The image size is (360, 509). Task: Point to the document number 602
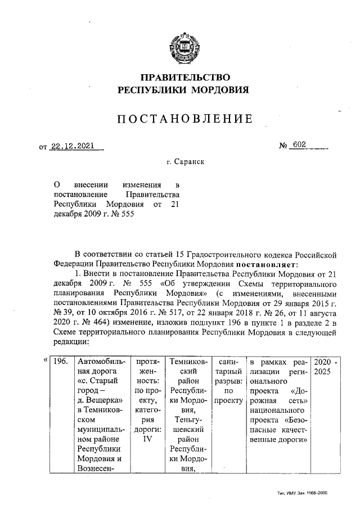299,146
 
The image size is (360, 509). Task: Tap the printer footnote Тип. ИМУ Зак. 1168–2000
303,492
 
